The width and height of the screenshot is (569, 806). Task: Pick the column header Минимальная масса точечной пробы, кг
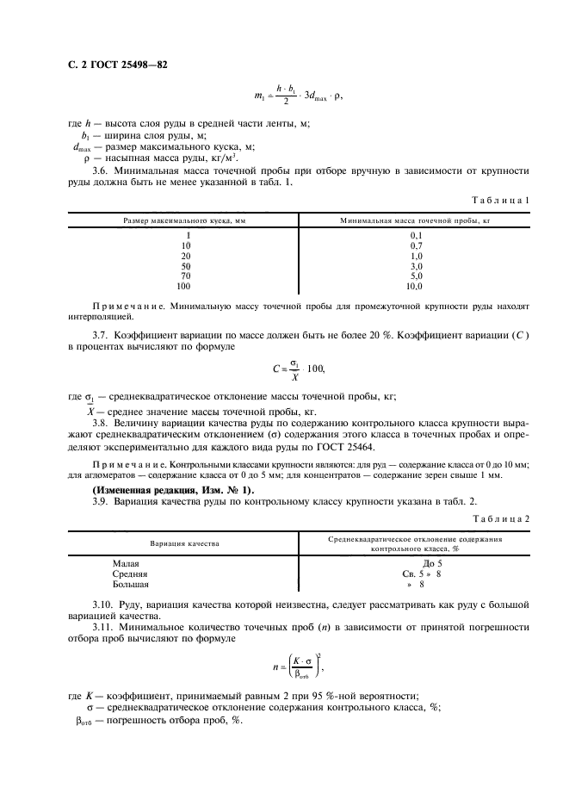pyautogui.click(x=416, y=221)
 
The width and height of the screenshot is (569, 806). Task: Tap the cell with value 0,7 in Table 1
pyautogui.click(x=416, y=245)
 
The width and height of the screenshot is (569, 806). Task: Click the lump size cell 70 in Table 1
pyautogui.click(x=186, y=276)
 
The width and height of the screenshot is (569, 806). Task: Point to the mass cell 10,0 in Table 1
pyautogui.click(x=416, y=286)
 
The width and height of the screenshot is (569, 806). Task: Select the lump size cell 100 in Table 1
pyautogui.click(x=184, y=286)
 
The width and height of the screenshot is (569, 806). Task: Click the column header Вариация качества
pyautogui.click(x=185, y=543)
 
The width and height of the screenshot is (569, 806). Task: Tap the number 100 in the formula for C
pyautogui.click(x=315, y=369)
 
